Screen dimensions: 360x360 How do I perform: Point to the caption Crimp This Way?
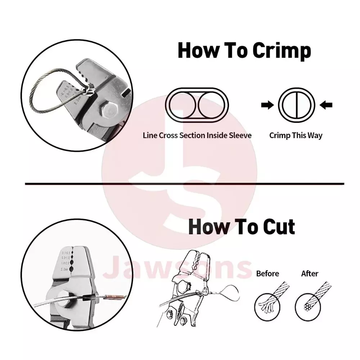pyautogui.click(x=296, y=136)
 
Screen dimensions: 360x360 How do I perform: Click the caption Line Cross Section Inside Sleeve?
pyautogui.click(x=197, y=136)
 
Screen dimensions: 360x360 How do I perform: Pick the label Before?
pyautogui.click(x=267, y=274)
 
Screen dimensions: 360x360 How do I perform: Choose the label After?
pyautogui.click(x=310, y=274)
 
